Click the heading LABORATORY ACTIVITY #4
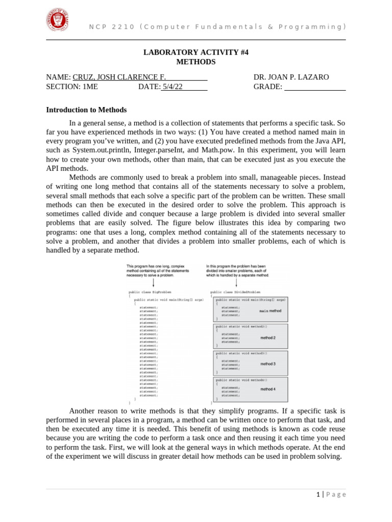[195, 53]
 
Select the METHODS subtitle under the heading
[195, 62]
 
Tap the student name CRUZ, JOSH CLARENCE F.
[119, 77]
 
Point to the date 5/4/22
[173, 87]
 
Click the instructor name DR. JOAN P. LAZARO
[291, 77]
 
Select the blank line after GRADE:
[314, 87]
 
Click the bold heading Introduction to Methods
[86, 110]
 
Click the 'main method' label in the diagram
[270, 310]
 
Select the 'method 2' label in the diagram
[268, 337]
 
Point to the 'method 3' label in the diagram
[268, 364]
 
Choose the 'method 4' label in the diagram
[268, 389]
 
